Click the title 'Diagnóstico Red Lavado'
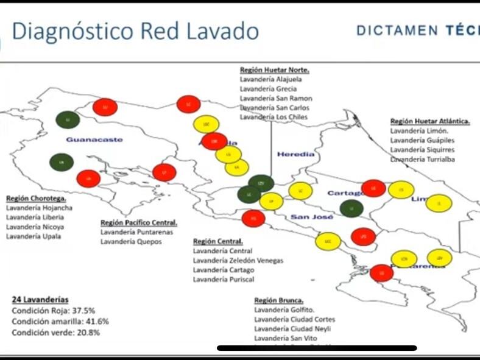[x=135, y=31]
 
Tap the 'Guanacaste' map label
[x=94, y=139]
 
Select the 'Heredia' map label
[x=296, y=154]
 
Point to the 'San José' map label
[x=311, y=217]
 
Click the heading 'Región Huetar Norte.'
[x=275, y=70]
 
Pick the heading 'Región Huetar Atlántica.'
[x=430, y=121]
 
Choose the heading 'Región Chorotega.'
[x=36, y=199]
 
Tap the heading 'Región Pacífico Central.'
[x=139, y=223]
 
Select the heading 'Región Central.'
[x=218, y=241]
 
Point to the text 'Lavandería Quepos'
[x=131, y=242]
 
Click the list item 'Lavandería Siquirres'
[x=422, y=150]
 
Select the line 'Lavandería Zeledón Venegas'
[x=238, y=260]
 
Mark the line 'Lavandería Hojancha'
[x=39, y=208]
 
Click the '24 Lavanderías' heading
[x=40, y=300]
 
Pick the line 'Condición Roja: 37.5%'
[x=53, y=310]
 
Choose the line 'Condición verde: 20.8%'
[x=55, y=332]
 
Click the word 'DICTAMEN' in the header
[x=397, y=30]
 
